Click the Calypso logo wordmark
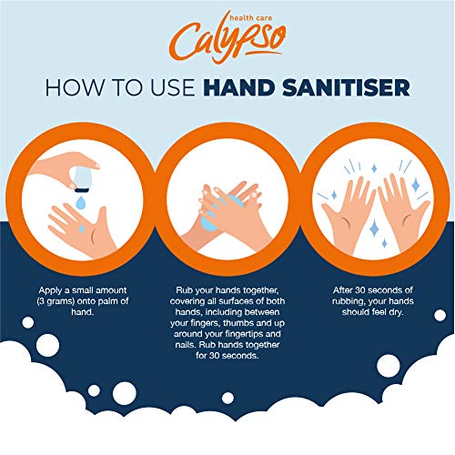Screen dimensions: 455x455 coord(226,42)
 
